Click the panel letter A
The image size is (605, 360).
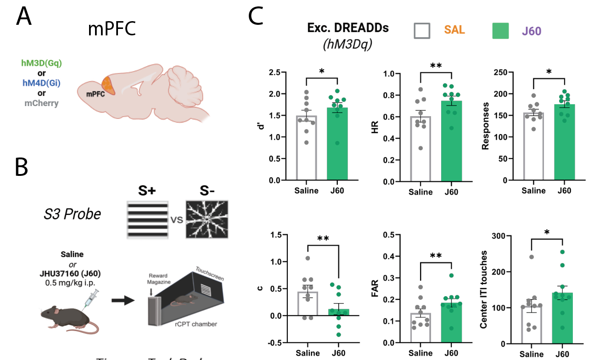pyautogui.click(x=24, y=17)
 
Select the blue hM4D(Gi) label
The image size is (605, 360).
pyautogui.click(x=41, y=83)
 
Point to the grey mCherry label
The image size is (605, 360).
pyautogui.click(x=41, y=103)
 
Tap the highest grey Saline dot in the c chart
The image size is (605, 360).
pyautogui.click(x=307, y=258)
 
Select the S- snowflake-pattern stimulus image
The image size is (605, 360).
pyautogui.click(x=207, y=219)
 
